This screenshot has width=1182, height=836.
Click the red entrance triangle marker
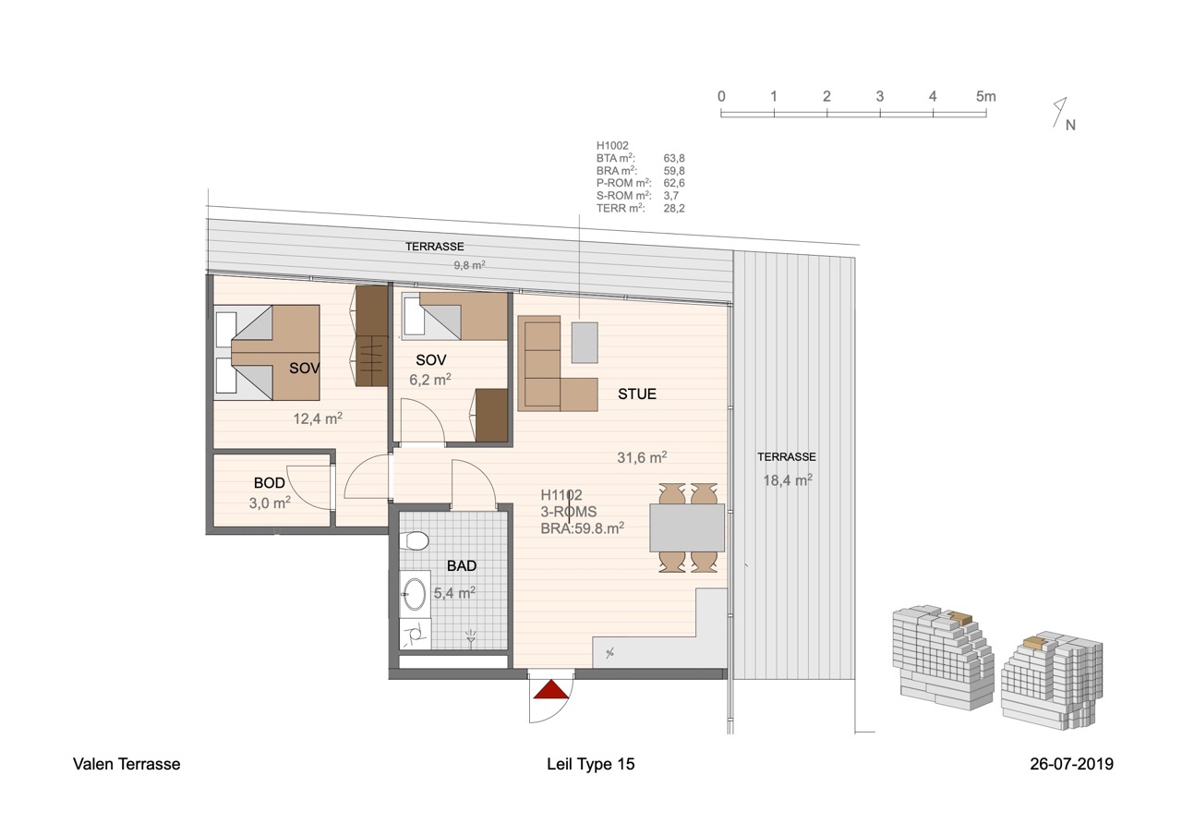tap(551, 689)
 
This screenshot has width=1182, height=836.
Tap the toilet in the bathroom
tap(415, 540)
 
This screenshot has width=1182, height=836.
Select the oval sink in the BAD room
tap(415, 594)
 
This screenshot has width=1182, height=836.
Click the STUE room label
tap(637, 394)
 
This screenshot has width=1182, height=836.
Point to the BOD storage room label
tap(269, 483)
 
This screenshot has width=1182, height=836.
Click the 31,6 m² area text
tap(642, 457)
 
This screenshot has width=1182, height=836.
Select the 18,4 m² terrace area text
tap(788, 480)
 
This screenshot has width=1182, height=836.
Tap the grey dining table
tap(686, 527)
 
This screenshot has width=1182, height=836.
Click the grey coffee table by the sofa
tap(585, 343)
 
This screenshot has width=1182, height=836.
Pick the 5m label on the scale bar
tap(985, 97)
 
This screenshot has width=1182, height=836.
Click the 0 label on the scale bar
tap(721, 97)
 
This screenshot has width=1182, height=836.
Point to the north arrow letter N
tap(1070, 125)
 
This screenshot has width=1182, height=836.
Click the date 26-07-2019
tap(1071, 764)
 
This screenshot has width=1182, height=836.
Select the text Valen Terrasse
tap(127, 764)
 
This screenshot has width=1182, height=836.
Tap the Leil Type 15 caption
tap(590, 764)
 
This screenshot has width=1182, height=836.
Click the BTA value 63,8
tap(674, 158)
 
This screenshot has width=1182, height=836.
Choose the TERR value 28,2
tap(674, 209)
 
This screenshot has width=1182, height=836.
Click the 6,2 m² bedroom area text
tap(430, 380)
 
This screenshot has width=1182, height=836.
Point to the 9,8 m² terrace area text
tap(470, 265)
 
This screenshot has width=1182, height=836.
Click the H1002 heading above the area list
tap(612, 146)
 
